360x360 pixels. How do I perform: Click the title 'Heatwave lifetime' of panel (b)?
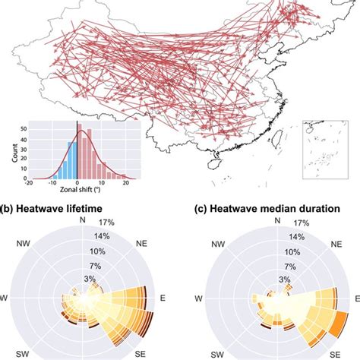pos(64,210)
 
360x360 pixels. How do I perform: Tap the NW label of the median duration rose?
pos(219,245)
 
